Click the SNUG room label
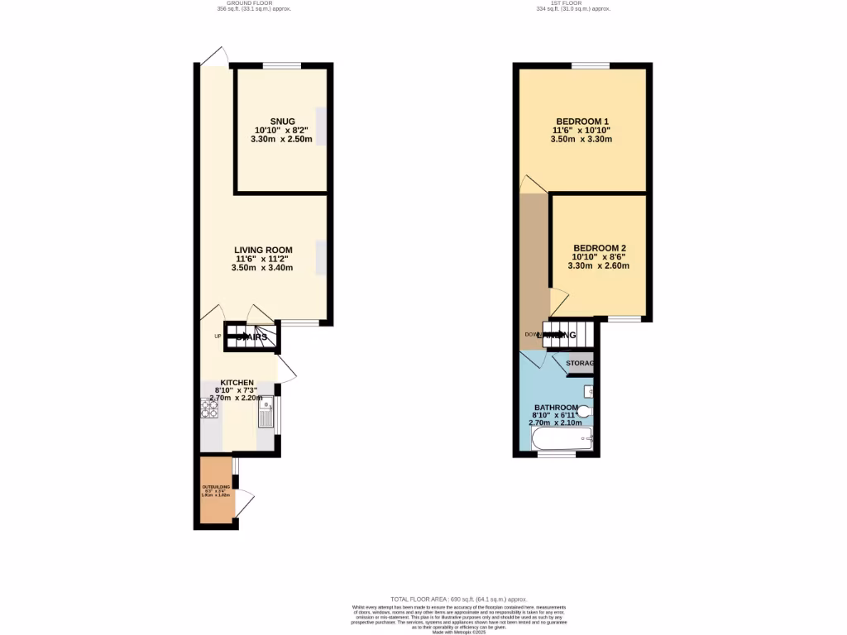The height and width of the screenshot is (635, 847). coord(282,122)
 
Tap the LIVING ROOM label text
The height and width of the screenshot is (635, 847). coord(263,251)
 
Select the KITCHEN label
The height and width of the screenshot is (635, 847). coord(237,383)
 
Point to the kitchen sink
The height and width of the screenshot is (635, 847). coord(266,412)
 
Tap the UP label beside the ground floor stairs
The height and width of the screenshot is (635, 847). coord(218,336)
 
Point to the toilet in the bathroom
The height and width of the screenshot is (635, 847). coord(584,411)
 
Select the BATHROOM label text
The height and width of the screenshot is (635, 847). coord(560,408)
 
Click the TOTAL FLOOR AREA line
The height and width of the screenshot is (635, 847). coord(457,599)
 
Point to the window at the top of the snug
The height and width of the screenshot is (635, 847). coord(282,65)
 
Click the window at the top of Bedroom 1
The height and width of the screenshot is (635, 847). coord(590,65)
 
